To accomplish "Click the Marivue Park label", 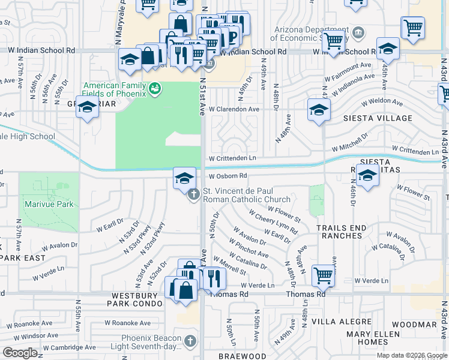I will click(49, 205).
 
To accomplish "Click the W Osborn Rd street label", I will click(228, 176).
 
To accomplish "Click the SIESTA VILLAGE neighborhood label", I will click(378, 118).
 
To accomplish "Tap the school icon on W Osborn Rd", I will click(185, 178).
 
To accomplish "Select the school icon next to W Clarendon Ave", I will click(319, 110).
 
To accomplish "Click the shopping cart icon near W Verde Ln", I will click(324, 276).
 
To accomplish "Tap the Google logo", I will click(20, 352).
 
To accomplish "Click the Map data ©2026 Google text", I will click(411, 355).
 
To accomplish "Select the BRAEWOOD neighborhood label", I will click(242, 356).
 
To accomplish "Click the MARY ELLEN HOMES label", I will click(373, 338).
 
